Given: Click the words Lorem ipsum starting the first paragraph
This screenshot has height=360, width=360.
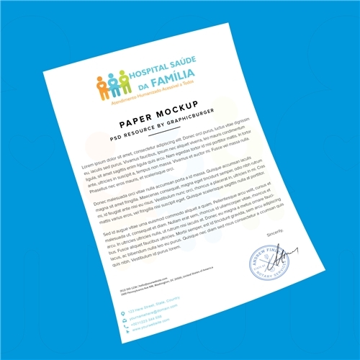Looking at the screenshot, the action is [x=92, y=167].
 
